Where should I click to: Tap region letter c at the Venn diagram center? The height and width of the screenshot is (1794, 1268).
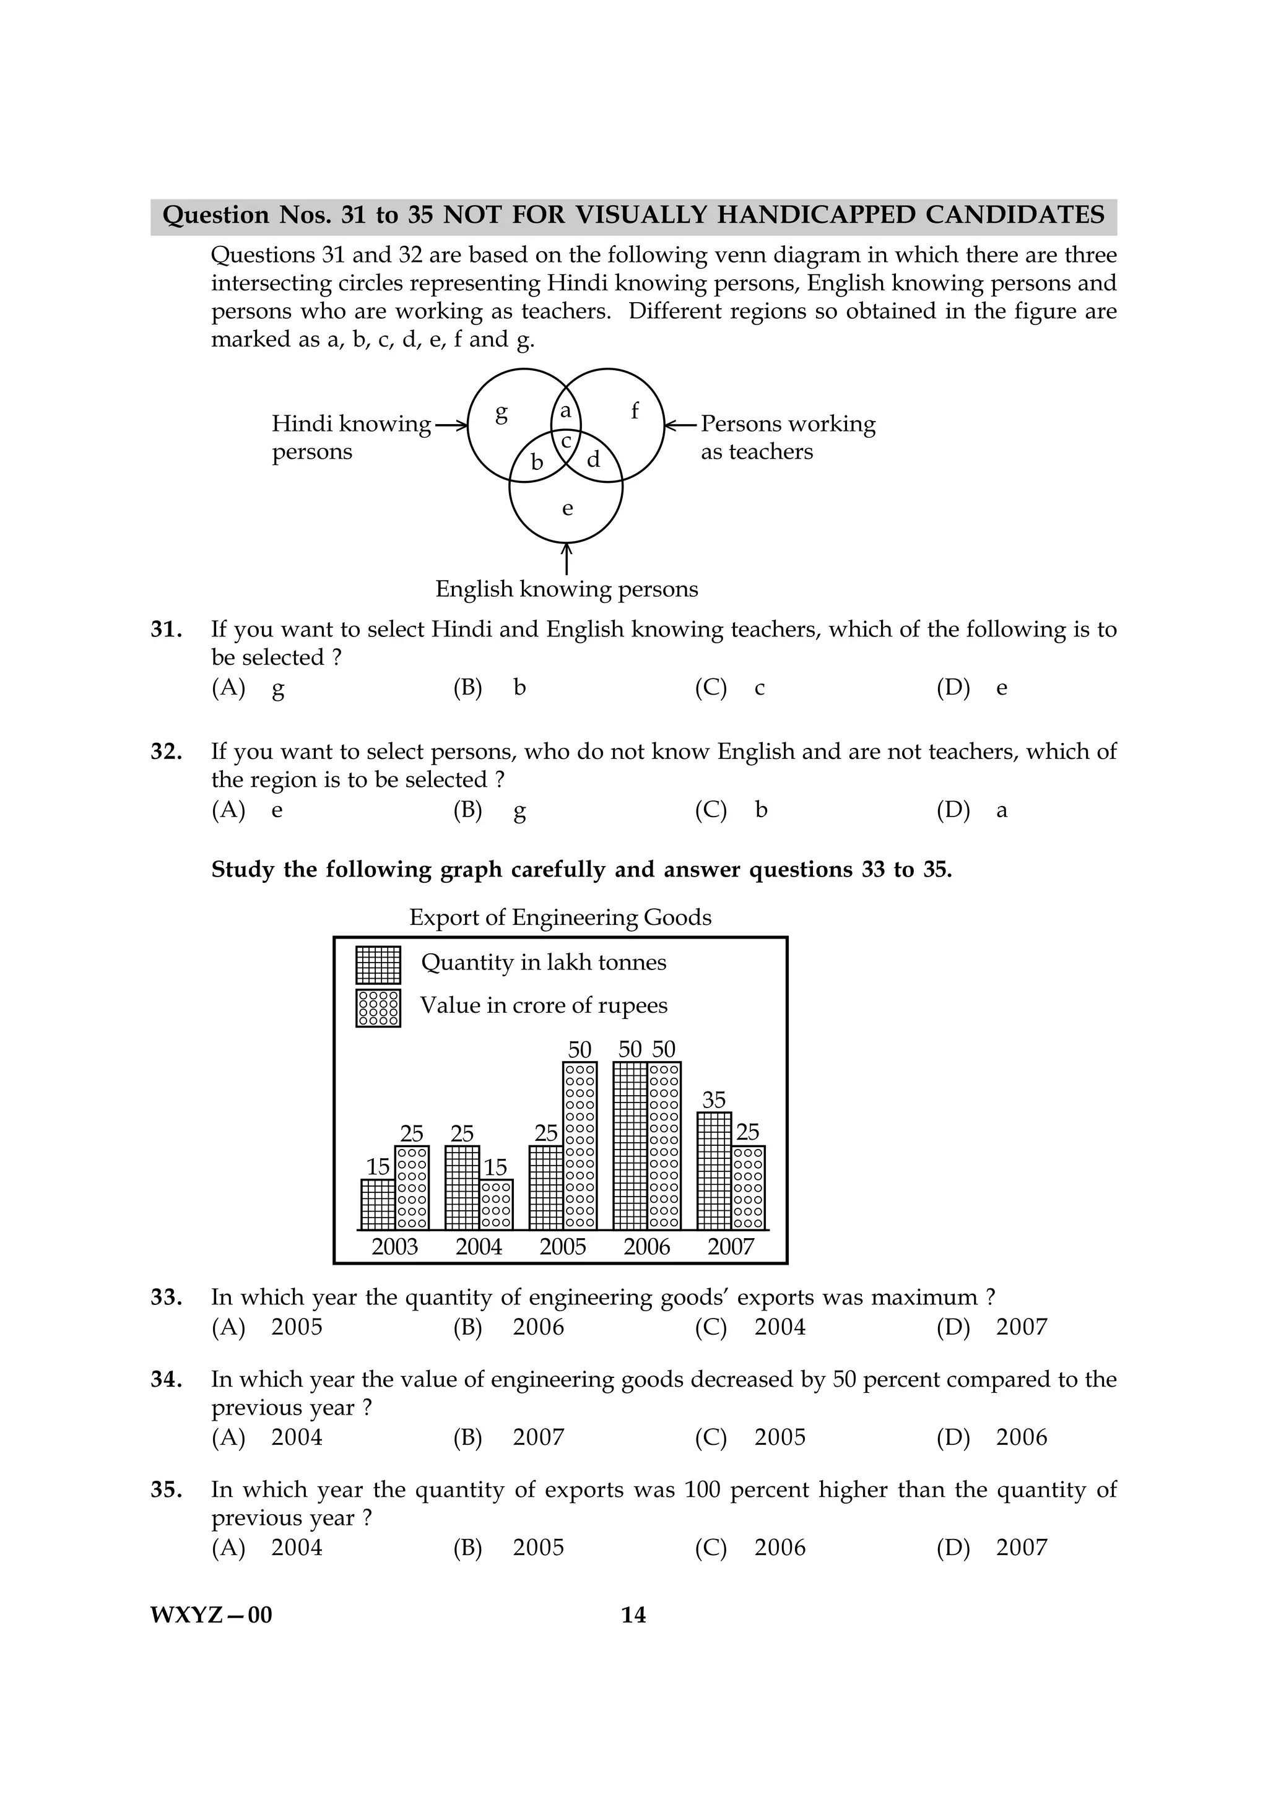[567, 441]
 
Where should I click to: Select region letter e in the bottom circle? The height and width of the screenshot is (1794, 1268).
[567, 509]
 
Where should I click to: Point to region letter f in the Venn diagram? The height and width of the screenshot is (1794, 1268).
[635, 410]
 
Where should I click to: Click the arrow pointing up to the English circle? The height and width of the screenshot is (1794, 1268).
[567, 558]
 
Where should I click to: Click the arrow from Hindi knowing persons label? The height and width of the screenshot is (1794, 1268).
[451, 425]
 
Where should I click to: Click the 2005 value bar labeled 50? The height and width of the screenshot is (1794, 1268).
[580, 1145]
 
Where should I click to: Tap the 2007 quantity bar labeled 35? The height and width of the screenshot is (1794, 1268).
[713, 1171]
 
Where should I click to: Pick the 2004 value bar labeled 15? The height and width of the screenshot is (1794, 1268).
[496, 1204]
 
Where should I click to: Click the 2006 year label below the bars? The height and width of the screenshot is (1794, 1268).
[647, 1246]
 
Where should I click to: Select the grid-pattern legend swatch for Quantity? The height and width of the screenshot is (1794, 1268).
[378, 965]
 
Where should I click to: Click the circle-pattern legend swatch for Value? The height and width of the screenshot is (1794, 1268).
[378, 1008]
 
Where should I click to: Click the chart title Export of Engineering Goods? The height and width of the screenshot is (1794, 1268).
[560, 917]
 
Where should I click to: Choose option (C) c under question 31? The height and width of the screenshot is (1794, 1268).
[730, 688]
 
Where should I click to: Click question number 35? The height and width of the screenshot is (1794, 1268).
[166, 1490]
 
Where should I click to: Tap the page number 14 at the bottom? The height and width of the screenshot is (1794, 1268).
[633, 1615]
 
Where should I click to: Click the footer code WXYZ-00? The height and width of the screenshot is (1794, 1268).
[211, 1615]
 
